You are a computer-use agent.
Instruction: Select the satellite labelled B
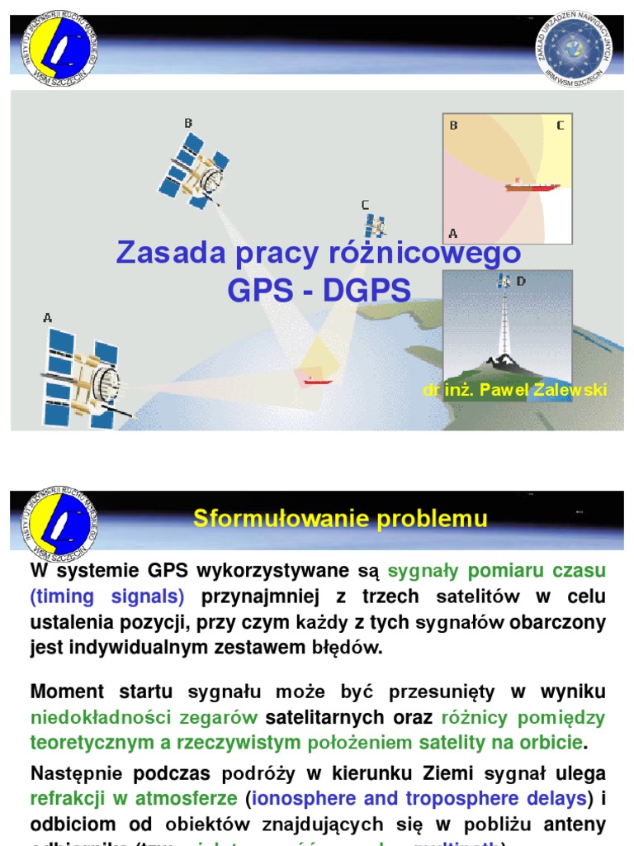[196, 171]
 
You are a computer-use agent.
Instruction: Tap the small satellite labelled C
[376, 226]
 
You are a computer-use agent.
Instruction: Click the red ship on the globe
[318, 381]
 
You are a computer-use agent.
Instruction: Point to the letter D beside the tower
[521, 282]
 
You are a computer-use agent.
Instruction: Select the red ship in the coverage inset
[531, 187]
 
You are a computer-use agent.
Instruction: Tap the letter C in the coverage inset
[560, 126]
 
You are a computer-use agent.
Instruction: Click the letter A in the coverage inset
[453, 233]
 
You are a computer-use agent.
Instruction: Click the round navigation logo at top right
[578, 49]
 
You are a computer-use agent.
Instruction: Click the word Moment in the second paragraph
[67, 692]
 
